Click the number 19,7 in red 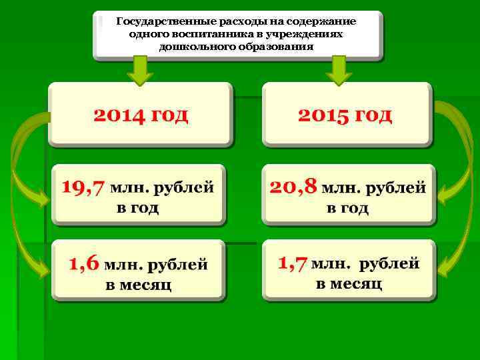click(x=83, y=187)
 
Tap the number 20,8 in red click(x=293, y=187)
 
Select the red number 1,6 click(x=83, y=263)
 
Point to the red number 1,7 click(x=293, y=263)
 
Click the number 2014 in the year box click(x=118, y=115)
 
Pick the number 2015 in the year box click(x=323, y=115)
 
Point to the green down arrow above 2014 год click(x=140, y=70)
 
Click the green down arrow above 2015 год click(x=339, y=70)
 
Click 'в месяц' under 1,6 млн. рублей click(x=139, y=285)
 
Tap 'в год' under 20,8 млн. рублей click(x=347, y=208)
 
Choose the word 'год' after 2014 click(x=170, y=115)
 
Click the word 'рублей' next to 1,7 click(x=389, y=263)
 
